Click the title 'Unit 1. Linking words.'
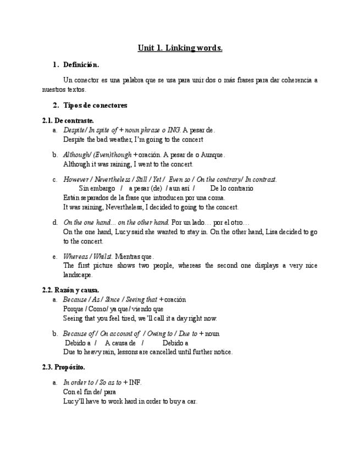pos(180,48)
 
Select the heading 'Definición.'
pos(81,65)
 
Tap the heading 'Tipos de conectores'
pos(95,105)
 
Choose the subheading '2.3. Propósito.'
pos(63,367)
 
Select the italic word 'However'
pos(76,180)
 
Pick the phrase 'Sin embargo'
pos(97,188)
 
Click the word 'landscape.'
pos(78,275)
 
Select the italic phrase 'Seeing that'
pos(141,299)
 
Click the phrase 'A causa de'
pos(120,343)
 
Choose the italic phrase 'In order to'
pos(79,382)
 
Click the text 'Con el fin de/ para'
pos(90,392)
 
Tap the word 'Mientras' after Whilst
pos(128,257)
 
